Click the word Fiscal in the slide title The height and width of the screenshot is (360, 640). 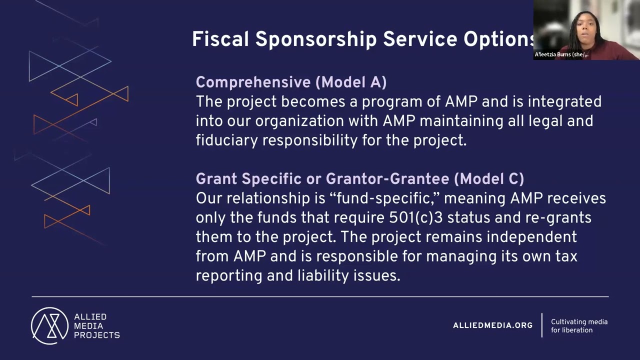(220, 39)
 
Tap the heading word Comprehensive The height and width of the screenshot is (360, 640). (253, 82)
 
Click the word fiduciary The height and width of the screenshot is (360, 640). (227, 140)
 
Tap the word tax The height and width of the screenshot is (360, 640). (564, 256)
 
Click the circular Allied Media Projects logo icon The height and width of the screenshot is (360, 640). (49, 325)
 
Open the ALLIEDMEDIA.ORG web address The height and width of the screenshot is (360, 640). (492, 325)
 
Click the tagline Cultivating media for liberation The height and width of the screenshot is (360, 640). (579, 326)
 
